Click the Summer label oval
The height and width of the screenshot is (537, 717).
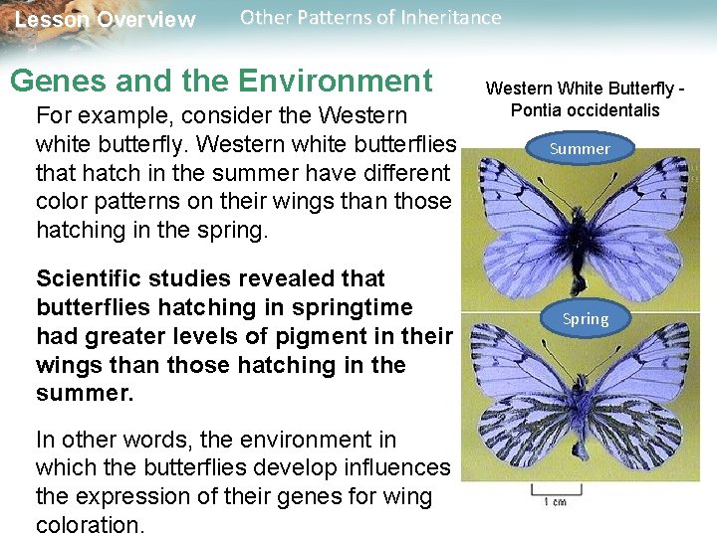coord(580,148)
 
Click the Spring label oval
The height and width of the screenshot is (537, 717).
coord(585,318)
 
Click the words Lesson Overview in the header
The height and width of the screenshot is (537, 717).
coord(106,20)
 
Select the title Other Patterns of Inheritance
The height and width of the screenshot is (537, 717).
coord(370,17)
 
